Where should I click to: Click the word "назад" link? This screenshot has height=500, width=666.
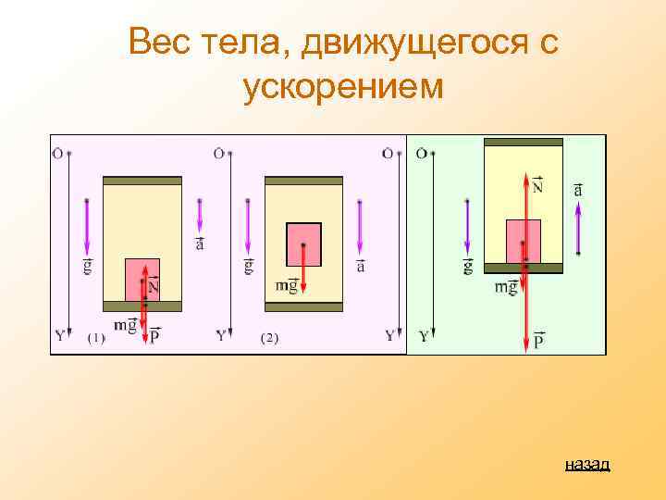pyautogui.click(x=587, y=464)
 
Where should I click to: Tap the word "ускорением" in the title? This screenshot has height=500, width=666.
pyautogui.click(x=343, y=87)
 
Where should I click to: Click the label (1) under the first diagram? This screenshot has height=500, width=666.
pyautogui.click(x=96, y=338)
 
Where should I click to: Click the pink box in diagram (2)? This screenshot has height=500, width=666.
pyautogui.click(x=303, y=244)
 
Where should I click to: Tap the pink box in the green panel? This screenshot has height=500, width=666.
pyautogui.click(x=524, y=241)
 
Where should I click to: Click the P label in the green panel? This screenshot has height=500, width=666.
pyautogui.click(x=538, y=342)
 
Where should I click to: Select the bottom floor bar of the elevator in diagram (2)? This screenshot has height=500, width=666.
pyautogui.click(x=303, y=306)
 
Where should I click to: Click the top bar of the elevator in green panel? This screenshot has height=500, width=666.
pyautogui.click(x=524, y=143)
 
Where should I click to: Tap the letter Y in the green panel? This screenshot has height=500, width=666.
pyautogui.click(x=423, y=336)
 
